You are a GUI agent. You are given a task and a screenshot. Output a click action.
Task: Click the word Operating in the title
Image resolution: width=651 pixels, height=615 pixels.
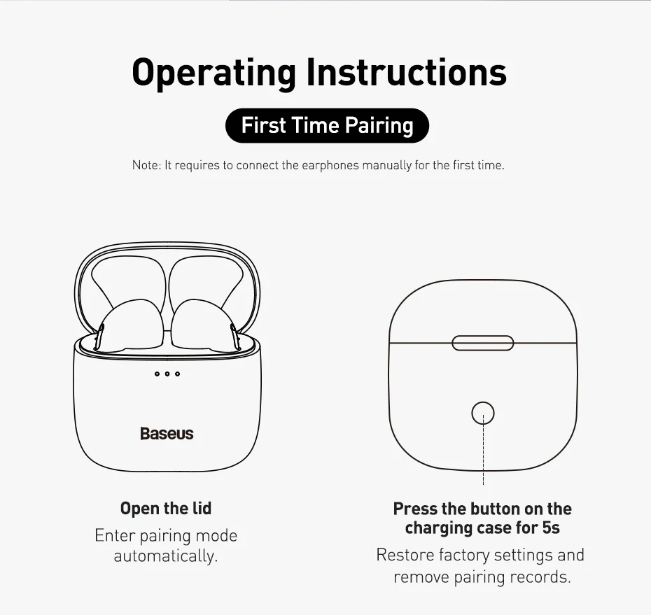tap(213, 73)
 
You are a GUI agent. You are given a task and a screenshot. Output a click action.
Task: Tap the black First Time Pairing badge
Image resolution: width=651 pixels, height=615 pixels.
tap(327, 125)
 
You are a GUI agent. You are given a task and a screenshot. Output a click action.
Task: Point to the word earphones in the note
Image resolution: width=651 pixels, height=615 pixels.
tap(330, 166)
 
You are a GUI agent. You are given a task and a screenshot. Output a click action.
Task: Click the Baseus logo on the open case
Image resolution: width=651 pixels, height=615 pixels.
tap(167, 434)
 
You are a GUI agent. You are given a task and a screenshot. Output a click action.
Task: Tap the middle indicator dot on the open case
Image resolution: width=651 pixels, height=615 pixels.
tap(167, 374)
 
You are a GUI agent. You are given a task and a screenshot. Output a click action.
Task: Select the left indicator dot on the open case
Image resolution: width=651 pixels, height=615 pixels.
tap(157, 374)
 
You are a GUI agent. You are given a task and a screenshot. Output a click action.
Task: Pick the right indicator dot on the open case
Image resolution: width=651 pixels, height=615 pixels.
tap(178, 374)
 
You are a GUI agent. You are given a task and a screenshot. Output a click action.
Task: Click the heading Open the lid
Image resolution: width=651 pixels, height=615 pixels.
tap(166, 509)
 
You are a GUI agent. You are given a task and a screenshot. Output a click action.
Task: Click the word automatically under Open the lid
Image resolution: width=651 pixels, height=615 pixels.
tap(166, 556)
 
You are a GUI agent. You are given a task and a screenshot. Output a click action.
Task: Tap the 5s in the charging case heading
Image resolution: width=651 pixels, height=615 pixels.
tap(551, 528)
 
